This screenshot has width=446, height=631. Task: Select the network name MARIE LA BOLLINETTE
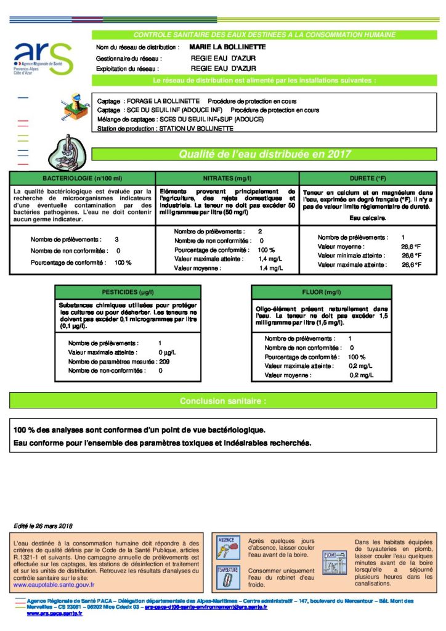(228, 47)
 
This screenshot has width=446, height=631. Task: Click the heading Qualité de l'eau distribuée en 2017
(264, 154)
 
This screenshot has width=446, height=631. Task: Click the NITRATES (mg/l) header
(227, 178)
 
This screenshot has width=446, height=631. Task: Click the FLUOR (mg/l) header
(321, 291)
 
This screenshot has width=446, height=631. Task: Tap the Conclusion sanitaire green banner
(223, 401)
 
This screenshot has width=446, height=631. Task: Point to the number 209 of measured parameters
(164, 362)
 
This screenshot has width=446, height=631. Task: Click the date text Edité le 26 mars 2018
(43, 526)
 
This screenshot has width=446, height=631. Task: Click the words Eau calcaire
(367, 218)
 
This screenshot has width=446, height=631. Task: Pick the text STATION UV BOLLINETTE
(196, 129)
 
